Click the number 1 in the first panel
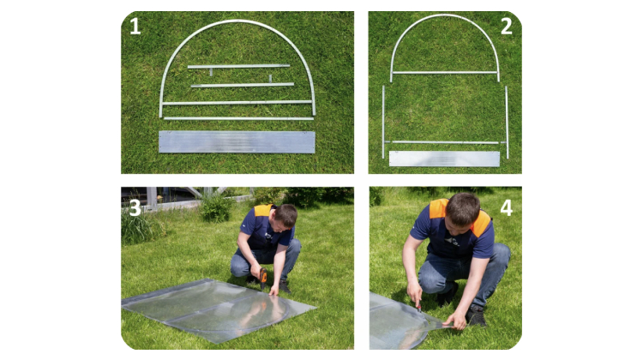pos(135,26)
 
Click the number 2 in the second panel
pos(507,26)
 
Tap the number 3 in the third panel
pos(135,208)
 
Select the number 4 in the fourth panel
pos(507,208)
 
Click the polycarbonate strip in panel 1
pos(237,142)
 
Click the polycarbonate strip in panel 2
pos(444,159)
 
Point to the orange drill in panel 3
pos(263,277)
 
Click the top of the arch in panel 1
pos(237,21)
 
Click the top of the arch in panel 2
pos(445,16)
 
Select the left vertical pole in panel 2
pos(383,122)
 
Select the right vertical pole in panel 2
pos(507,122)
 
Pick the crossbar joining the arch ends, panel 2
pos(445,73)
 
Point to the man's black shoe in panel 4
pos(476,315)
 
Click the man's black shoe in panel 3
pos(285,286)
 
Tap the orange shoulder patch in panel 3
pos(263,210)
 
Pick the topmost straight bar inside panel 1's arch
pos(238,66)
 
